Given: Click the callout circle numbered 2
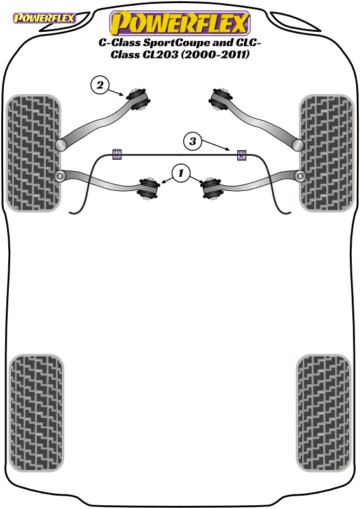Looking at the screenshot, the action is click(x=100, y=85).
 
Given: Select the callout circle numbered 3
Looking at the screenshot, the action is click(x=193, y=141).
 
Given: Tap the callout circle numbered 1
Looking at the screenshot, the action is click(x=181, y=173).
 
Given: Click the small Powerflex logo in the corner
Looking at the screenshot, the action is click(x=44, y=18).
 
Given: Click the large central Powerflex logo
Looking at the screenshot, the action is click(x=180, y=23).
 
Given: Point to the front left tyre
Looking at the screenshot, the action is click(x=34, y=153).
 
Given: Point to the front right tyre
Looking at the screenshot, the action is click(x=326, y=153).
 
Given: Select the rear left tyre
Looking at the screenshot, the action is click(x=36, y=413).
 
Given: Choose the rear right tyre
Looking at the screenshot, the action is click(x=324, y=413).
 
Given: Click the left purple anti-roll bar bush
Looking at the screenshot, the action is click(x=117, y=155).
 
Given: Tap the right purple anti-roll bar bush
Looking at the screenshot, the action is click(x=241, y=155).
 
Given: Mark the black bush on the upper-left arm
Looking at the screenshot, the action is click(x=138, y=99).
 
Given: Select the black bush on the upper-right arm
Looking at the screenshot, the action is click(x=221, y=99).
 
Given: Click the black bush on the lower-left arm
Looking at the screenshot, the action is click(x=149, y=188).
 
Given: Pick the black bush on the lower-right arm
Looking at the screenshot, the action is click(x=211, y=188).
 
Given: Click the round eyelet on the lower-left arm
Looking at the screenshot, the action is click(x=60, y=176).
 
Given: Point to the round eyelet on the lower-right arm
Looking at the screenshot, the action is click(x=300, y=176).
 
